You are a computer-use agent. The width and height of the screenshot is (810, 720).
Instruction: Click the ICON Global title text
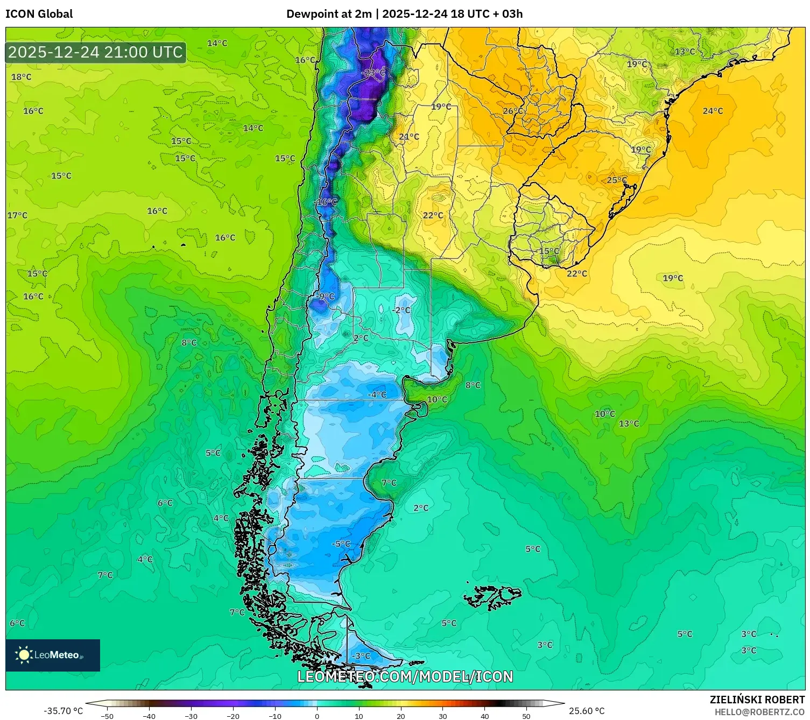(x=39, y=14)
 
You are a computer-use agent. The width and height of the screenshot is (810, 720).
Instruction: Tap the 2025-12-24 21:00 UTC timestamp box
(x=96, y=52)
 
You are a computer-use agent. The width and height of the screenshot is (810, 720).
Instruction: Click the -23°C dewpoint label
(x=374, y=73)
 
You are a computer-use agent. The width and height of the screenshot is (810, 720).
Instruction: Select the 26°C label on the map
(x=513, y=111)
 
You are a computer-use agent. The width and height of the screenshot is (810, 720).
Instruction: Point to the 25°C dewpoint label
(x=617, y=180)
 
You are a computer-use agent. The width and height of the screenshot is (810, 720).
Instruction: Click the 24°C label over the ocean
(x=713, y=111)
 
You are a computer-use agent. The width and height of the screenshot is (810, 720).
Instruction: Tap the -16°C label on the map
(x=326, y=202)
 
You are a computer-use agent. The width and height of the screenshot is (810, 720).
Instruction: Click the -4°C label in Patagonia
(x=377, y=394)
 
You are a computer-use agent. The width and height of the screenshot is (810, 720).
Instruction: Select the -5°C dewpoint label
(x=341, y=543)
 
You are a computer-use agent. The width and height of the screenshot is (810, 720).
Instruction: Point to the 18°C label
(x=22, y=77)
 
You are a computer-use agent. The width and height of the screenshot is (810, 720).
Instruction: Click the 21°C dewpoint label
(x=409, y=137)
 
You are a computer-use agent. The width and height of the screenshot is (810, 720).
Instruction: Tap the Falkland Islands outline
(x=492, y=596)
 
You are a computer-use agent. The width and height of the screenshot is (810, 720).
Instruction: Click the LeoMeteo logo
(x=53, y=655)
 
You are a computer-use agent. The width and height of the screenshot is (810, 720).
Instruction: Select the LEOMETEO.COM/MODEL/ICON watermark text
(x=405, y=676)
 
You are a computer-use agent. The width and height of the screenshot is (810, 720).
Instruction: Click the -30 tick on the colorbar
(x=191, y=716)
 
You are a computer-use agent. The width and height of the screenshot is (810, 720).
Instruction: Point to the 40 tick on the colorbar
(x=484, y=716)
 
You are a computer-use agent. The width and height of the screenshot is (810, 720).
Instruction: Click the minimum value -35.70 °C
(x=63, y=711)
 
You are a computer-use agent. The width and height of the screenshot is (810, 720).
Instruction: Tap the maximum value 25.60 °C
(x=587, y=711)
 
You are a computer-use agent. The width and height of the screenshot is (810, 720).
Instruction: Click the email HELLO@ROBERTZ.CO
(x=759, y=712)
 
